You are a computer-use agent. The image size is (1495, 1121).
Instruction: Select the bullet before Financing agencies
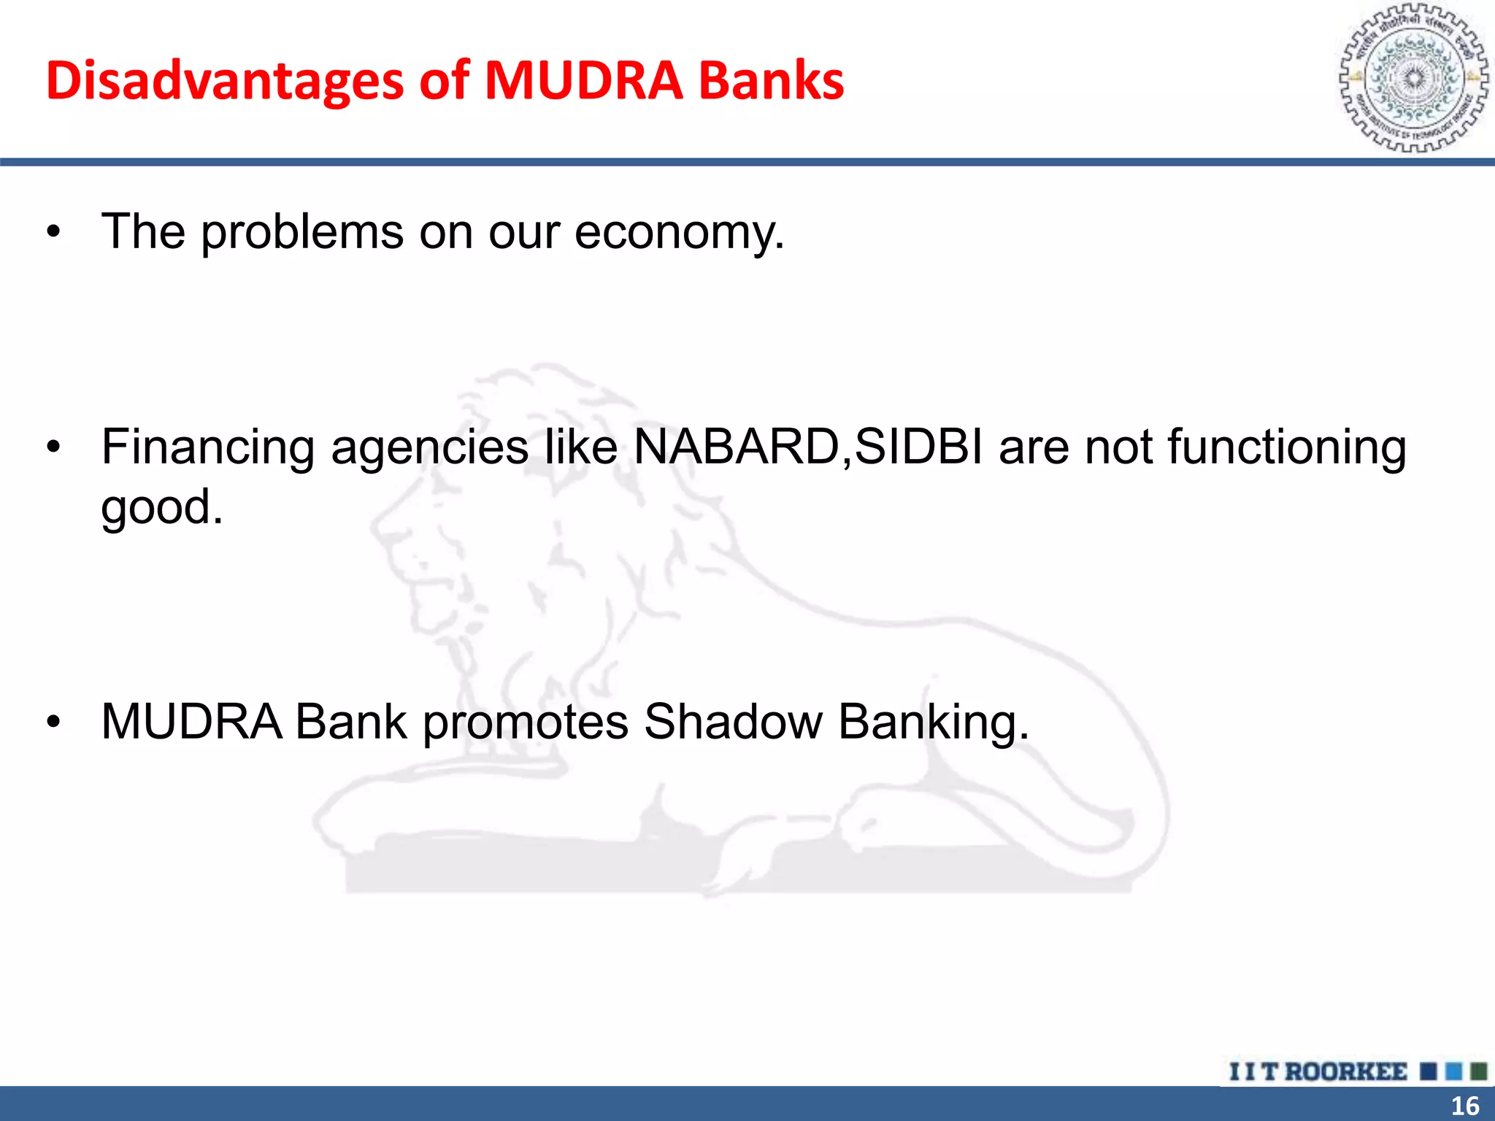click(53, 448)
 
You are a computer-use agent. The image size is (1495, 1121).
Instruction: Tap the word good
click(161, 508)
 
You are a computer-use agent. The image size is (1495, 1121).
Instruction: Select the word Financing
click(207, 448)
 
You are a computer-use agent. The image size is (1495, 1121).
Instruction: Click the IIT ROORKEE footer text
click(1318, 1072)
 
